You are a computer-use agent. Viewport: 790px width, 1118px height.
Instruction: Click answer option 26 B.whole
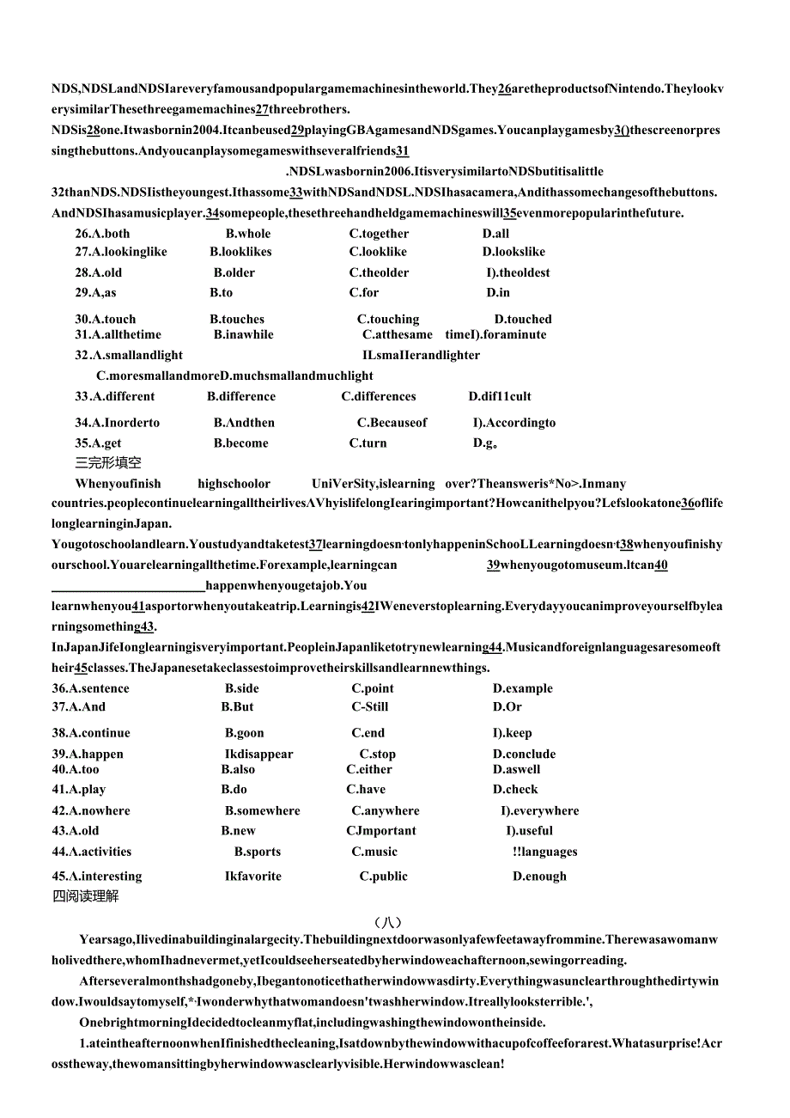(248, 234)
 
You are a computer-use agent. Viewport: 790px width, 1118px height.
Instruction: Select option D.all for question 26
(495, 234)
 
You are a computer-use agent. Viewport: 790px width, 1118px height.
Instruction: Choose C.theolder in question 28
(379, 272)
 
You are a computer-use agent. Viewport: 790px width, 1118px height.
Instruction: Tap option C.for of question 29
(364, 292)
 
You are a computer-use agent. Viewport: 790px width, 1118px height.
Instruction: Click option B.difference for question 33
(241, 396)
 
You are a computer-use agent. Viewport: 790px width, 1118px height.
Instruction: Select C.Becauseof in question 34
(392, 423)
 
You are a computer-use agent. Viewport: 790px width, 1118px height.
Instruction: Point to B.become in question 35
(241, 443)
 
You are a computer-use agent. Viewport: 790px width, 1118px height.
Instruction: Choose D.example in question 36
(523, 688)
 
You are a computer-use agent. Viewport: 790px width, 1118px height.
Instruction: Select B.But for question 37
(238, 707)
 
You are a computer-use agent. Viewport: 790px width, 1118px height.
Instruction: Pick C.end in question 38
(368, 733)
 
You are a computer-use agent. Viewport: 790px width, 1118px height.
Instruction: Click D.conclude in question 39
(524, 754)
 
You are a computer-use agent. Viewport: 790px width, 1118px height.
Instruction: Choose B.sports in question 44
(258, 852)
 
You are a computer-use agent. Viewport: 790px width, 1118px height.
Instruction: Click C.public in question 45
(384, 877)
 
